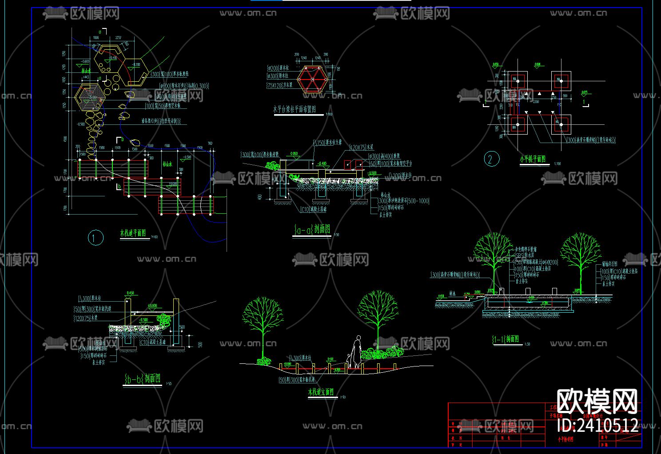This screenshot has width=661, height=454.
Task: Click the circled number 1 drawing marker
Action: (95, 238)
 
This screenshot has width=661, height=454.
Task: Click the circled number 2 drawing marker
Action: (491, 159)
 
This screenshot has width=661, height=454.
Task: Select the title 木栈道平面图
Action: (135, 233)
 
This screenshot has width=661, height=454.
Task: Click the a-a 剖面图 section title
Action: (312, 229)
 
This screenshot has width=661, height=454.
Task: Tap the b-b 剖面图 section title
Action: (143, 379)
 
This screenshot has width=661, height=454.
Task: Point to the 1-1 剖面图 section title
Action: (506, 339)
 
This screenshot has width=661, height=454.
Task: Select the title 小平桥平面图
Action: (533, 159)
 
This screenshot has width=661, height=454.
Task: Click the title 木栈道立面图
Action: (321, 392)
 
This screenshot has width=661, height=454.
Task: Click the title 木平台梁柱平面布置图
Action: (294, 109)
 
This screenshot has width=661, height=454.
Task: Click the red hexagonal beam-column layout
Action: (312, 80)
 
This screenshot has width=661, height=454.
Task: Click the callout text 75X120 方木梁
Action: (279, 85)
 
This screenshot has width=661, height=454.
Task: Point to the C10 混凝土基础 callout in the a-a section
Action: (314, 209)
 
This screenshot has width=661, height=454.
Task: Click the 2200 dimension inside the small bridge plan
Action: (536, 102)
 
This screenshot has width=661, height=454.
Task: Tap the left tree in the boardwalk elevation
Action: (263, 322)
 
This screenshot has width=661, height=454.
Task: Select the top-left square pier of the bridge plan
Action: (517, 81)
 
